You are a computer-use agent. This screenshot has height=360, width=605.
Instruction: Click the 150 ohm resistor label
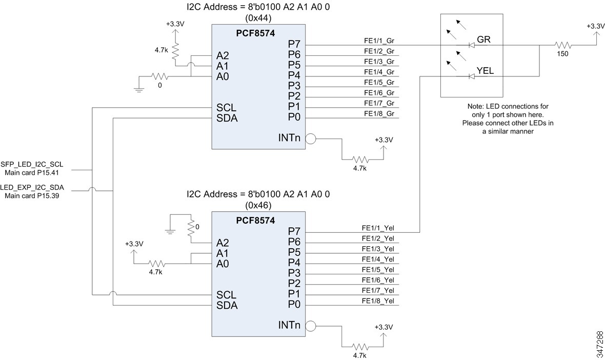(562, 55)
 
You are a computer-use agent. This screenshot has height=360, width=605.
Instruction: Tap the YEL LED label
(485, 71)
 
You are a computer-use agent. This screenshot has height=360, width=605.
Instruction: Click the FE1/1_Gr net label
(379, 41)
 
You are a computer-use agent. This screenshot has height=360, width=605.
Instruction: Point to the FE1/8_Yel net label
(378, 301)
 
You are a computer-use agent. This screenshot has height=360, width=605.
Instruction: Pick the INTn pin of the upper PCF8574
(289, 137)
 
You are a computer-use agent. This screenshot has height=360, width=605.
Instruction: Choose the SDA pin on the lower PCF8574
(227, 305)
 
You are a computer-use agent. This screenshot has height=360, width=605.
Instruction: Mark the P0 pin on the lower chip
(294, 305)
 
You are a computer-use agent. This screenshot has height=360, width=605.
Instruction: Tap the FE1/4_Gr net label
(379, 72)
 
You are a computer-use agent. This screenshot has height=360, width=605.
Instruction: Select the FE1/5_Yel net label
(378, 269)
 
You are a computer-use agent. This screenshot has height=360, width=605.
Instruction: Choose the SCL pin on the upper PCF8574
(227, 108)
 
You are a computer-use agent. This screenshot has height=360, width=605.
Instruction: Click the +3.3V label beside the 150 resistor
(595, 26)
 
